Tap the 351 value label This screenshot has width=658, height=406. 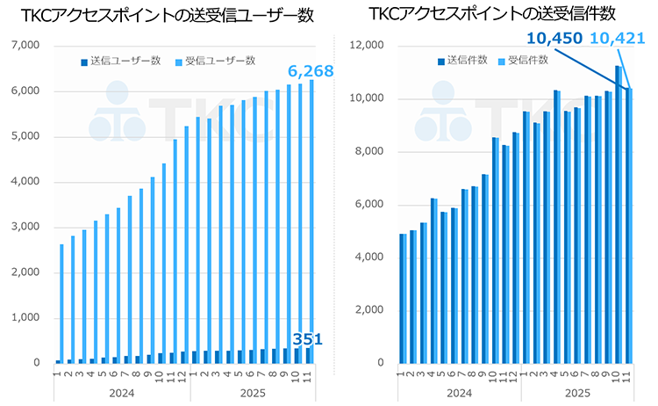tap(306, 339)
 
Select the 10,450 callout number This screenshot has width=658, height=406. tap(555, 38)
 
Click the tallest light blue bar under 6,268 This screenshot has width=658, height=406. tap(311, 220)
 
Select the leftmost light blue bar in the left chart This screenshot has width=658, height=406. tap(61, 302)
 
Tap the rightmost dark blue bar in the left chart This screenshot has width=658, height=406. tap(307, 353)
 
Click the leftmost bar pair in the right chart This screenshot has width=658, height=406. tap(403, 298)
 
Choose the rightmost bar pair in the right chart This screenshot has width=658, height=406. tap(628, 225)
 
